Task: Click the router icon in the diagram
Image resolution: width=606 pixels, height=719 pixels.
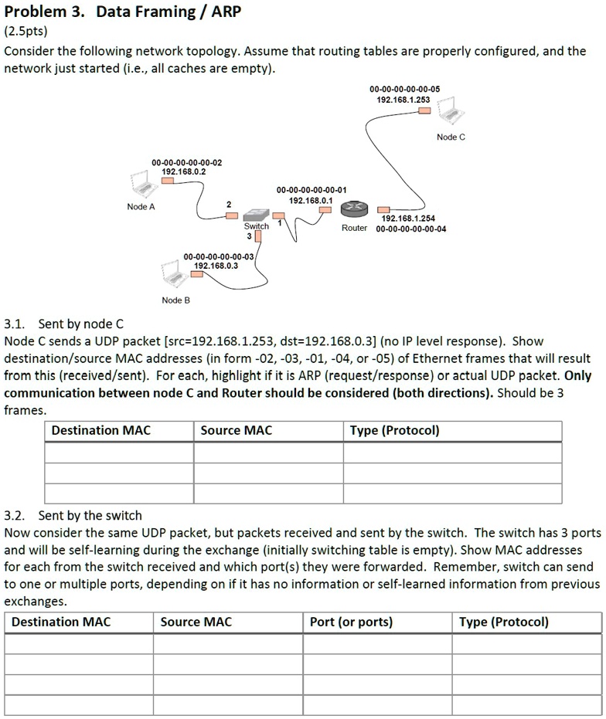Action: pos(354,208)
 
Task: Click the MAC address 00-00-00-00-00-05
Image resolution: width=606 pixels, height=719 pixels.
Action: pos(403,90)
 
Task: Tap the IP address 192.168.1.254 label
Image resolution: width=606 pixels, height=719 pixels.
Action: pos(408,219)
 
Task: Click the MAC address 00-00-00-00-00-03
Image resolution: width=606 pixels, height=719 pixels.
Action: pos(219,256)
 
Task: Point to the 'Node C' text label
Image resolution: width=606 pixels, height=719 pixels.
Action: pos(451,137)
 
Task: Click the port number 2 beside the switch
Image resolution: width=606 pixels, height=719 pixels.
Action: pos(228,203)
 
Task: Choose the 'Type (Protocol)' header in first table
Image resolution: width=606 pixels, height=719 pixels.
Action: pos(394,430)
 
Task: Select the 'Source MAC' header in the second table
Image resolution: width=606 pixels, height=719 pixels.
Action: pos(196,622)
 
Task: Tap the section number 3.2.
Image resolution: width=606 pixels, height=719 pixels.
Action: pos(15,515)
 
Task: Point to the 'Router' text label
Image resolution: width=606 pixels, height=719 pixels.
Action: pos(354,229)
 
